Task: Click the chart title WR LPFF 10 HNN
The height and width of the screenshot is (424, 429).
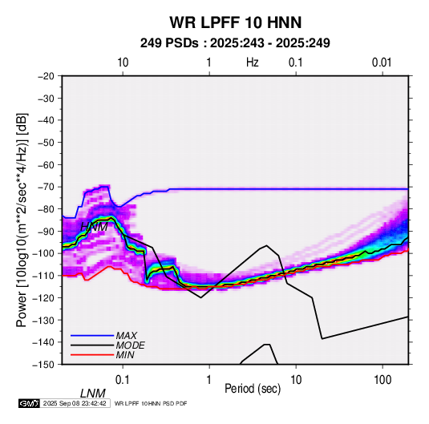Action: (235, 22)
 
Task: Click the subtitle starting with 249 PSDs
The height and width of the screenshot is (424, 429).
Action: (235, 43)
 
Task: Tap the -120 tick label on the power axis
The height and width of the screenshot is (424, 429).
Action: (43, 298)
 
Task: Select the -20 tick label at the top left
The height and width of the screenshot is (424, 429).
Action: (46, 76)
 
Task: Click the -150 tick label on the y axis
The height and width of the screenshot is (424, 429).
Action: (43, 365)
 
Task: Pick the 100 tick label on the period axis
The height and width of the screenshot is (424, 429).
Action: (382, 380)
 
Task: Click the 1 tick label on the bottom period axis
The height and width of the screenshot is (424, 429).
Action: (209, 380)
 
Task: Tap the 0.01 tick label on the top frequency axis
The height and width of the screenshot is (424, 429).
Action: (382, 63)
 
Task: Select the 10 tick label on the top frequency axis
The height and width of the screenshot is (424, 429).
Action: (123, 63)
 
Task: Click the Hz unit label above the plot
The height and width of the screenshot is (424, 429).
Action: (253, 63)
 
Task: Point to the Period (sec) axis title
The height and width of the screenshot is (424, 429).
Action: (253, 389)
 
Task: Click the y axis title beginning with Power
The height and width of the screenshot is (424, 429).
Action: (22, 220)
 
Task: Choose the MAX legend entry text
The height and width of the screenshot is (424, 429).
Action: (127, 336)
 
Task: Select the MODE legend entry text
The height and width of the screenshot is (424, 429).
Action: (130, 345)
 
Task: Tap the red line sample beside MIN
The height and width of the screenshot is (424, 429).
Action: (92, 355)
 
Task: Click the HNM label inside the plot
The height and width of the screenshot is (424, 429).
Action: (94, 227)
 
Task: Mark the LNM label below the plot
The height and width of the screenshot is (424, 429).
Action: (93, 394)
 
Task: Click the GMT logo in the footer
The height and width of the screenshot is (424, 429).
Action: (29, 403)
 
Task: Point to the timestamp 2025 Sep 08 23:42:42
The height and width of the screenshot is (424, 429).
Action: (75, 403)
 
